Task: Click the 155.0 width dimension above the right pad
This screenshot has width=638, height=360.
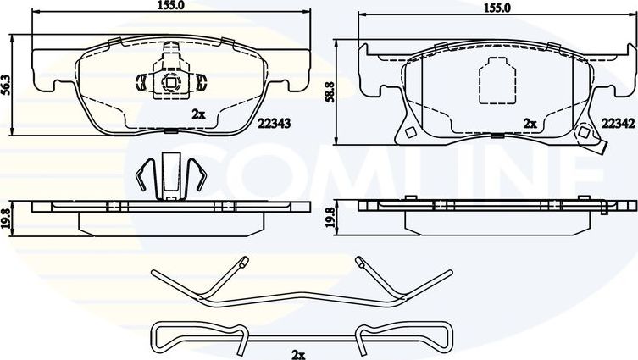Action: point(496,8)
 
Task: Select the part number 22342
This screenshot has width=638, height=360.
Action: point(618,123)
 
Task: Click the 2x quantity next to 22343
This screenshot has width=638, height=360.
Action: point(198,113)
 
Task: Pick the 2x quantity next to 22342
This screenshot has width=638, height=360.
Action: point(530,123)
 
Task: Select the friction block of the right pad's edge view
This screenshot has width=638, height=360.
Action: point(496,220)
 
